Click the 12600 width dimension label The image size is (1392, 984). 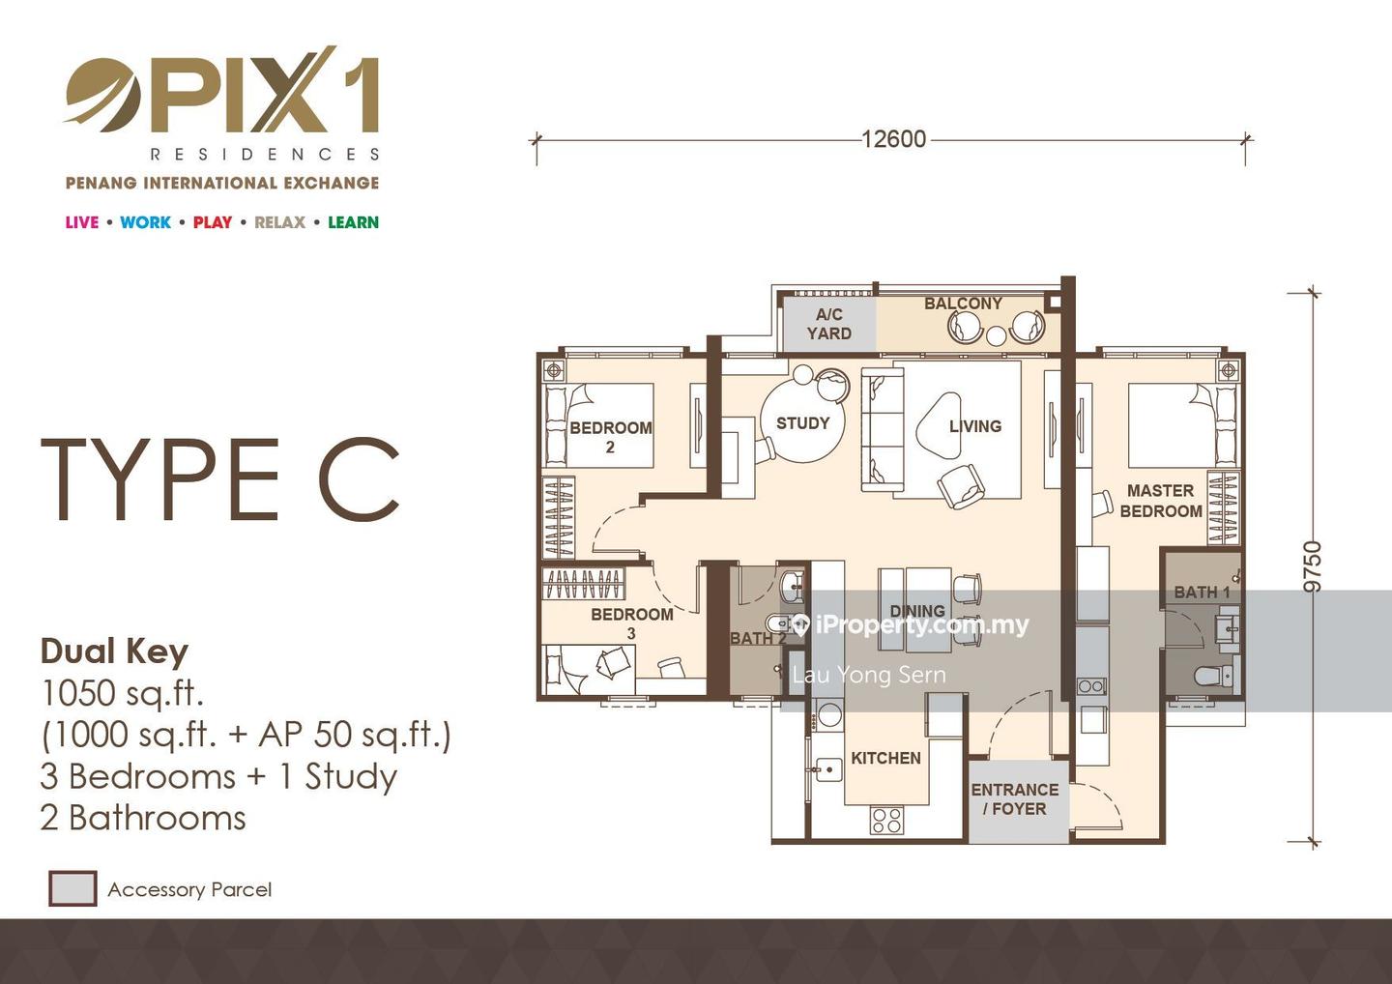pos(893,139)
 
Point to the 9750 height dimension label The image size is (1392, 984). pos(1312,566)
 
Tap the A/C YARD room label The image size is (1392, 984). pos(829,324)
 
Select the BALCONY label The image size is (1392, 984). pos(963,304)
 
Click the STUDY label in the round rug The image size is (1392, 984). pos(803,423)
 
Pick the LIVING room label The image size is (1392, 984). pos(975,426)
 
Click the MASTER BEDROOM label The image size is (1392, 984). pos(1161,501)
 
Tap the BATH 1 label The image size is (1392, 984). pos(1202,592)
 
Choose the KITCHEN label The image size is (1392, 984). pos(885,758)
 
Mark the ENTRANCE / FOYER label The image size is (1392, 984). pos(1015,798)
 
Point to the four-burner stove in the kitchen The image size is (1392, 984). pos(886,820)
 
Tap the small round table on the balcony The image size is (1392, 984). pos(996,335)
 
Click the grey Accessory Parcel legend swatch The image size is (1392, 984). pos(72,888)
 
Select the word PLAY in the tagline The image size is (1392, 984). pos(212,222)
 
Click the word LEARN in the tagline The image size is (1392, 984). pos(353,222)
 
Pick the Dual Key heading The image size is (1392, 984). pos(114,652)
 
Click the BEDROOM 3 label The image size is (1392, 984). pos(632,623)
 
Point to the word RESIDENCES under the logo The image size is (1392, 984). pos(265,154)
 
